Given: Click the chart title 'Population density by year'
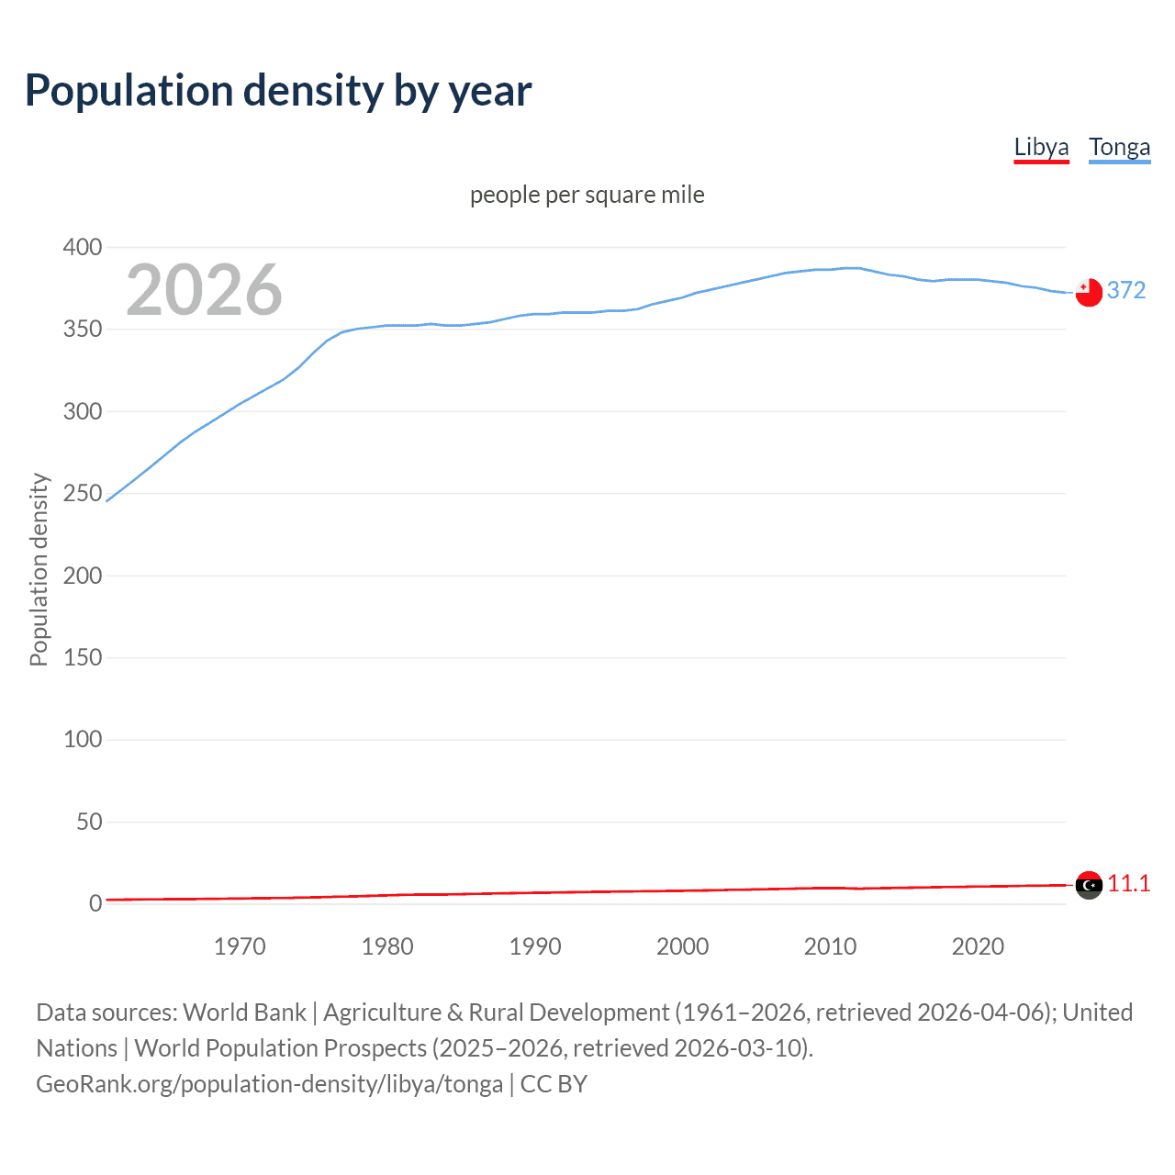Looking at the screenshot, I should coord(278,91).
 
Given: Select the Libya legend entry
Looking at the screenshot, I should coord(1041,147).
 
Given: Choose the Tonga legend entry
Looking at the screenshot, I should coord(1119,147).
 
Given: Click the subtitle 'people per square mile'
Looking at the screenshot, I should coord(587,195).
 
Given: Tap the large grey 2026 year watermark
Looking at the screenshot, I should coord(204,290).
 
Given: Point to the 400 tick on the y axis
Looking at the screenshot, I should coord(83,247).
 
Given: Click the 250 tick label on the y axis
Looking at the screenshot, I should coord(83,493).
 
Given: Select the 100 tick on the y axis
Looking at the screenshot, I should coord(83,739).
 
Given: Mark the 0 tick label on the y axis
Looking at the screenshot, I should coord(95,903).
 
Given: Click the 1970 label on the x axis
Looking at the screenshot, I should coord(240,946).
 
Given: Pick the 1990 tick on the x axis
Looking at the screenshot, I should coord(535,946).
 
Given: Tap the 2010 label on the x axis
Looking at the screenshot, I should coord(830,946).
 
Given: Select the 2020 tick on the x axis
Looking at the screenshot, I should coord(978,946).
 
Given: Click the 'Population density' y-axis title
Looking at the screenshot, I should coord(39,569).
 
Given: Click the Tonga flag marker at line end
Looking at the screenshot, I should coord(1089,292).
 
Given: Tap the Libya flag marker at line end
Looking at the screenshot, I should coord(1089,885).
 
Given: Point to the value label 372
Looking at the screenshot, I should coord(1126,290).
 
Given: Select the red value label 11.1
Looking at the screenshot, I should coord(1128,883).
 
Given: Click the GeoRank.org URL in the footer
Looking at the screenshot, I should coord(269,1084).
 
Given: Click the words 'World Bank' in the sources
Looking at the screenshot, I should coord(244,1013).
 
